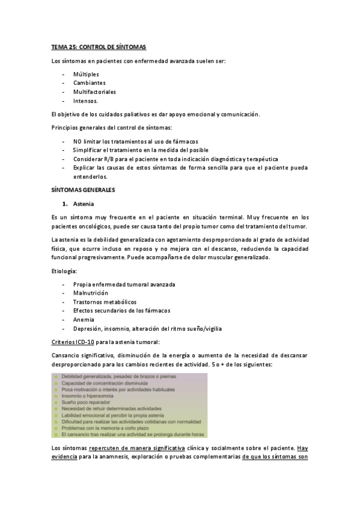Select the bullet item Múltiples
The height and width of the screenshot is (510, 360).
[86, 74]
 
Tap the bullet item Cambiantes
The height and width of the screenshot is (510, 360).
[90, 83]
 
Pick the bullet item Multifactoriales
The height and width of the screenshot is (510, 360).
[94, 92]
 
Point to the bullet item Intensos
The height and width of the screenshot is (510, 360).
[86, 101]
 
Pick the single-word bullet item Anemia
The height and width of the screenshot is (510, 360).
[84, 319]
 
